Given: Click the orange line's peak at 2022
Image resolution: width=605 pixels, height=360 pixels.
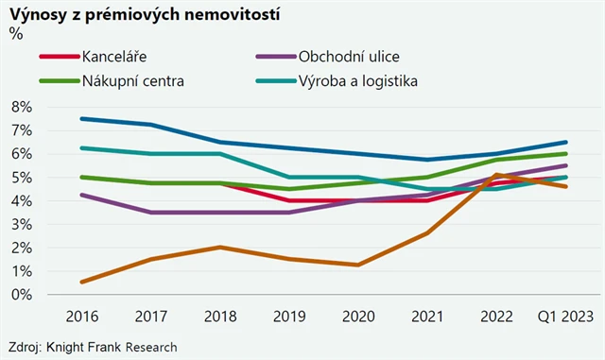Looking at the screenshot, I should pos(497,175).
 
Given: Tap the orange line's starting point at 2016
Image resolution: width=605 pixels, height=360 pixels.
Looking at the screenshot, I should pos(83,282).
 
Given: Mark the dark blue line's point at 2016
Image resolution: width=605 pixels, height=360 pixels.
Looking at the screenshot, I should pos(83,118).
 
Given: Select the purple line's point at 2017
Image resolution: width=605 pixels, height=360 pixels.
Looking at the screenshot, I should pos(152,213).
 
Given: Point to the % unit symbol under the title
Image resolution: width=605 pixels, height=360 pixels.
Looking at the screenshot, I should pos(15,34).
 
